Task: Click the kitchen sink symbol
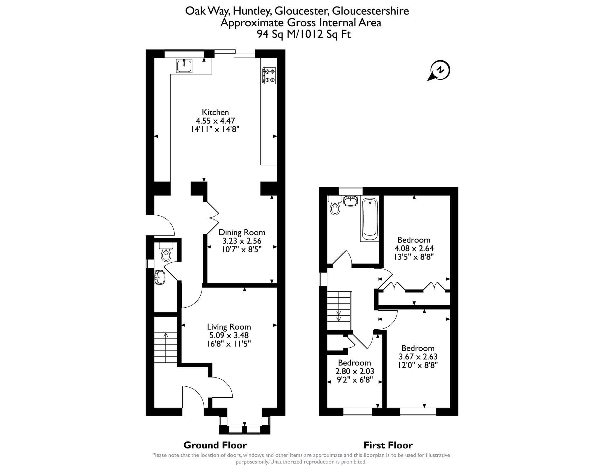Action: pos(184,66)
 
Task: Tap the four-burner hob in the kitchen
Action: pos(269,75)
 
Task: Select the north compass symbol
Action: pos(439,71)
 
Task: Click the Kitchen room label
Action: pos(215,112)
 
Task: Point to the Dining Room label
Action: pos(242,232)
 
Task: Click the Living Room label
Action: pos(229,327)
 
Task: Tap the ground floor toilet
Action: pos(166,252)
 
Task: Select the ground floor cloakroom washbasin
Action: pos(159,277)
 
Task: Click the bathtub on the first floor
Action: pos(370,219)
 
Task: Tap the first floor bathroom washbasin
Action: pos(351,201)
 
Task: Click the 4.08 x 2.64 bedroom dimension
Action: pos(414,248)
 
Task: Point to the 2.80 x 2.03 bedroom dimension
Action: pos(354,371)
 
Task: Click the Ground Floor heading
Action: pos(215,445)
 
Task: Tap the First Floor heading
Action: pos(388,445)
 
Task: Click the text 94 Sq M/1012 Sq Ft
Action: pos(304,34)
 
